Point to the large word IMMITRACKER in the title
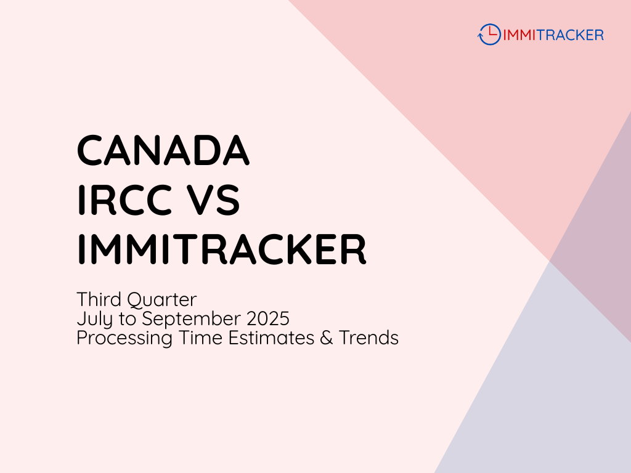[222, 249]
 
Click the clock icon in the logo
[489, 34]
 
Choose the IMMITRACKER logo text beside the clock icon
[553, 34]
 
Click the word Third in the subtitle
[99, 300]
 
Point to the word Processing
[123, 338]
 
